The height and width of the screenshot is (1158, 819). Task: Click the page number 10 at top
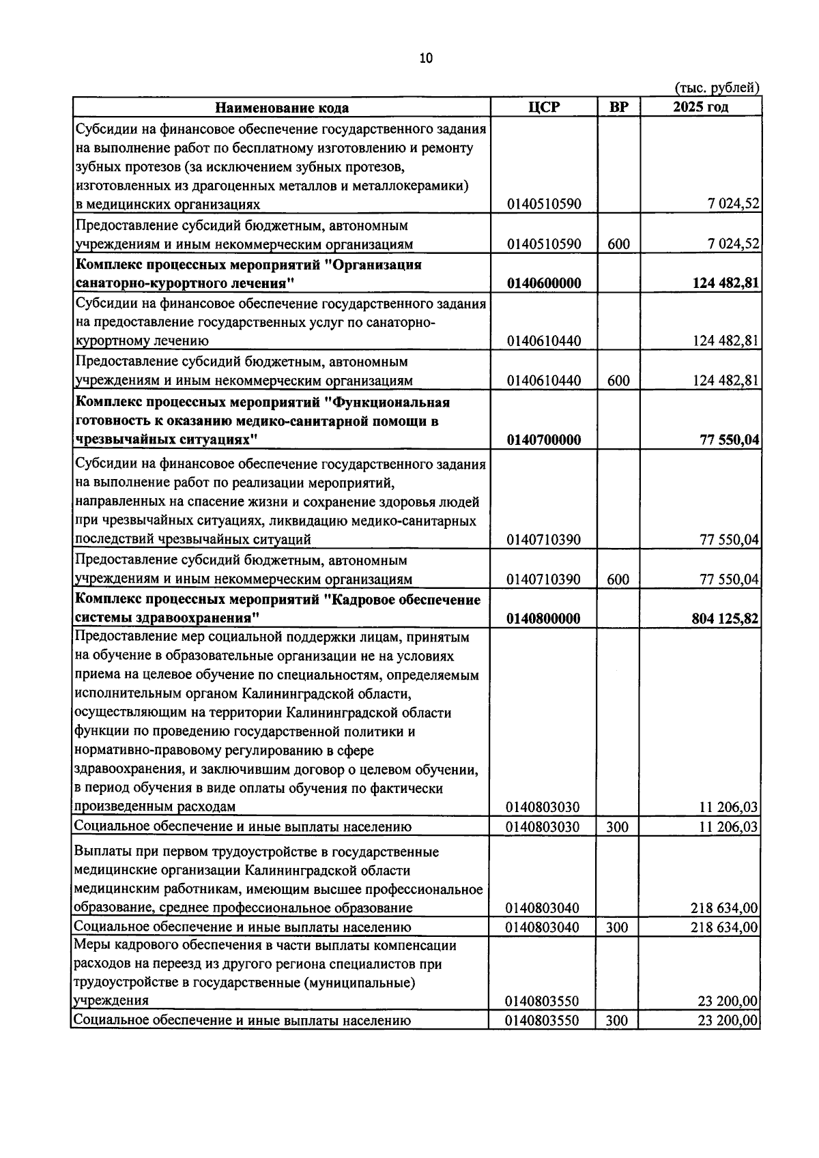tap(426, 59)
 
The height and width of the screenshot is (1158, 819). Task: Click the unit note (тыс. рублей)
tap(717, 88)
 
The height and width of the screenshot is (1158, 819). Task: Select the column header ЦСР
tap(543, 107)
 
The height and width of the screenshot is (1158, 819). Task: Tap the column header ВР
tap(618, 107)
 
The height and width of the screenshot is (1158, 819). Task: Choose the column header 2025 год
tap(700, 107)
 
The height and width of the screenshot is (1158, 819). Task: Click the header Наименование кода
tap(282, 108)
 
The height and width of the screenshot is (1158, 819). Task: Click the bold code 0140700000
tap(544, 440)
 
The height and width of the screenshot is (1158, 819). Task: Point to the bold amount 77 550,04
tap(730, 440)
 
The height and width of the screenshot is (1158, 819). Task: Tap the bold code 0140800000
tap(543, 619)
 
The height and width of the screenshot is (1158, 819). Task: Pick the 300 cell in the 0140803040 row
tap(617, 927)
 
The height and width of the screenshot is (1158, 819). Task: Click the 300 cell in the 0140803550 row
tap(617, 1022)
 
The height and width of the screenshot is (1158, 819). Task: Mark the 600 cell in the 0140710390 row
tap(618, 580)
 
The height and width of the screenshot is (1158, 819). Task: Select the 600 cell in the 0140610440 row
tap(618, 381)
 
